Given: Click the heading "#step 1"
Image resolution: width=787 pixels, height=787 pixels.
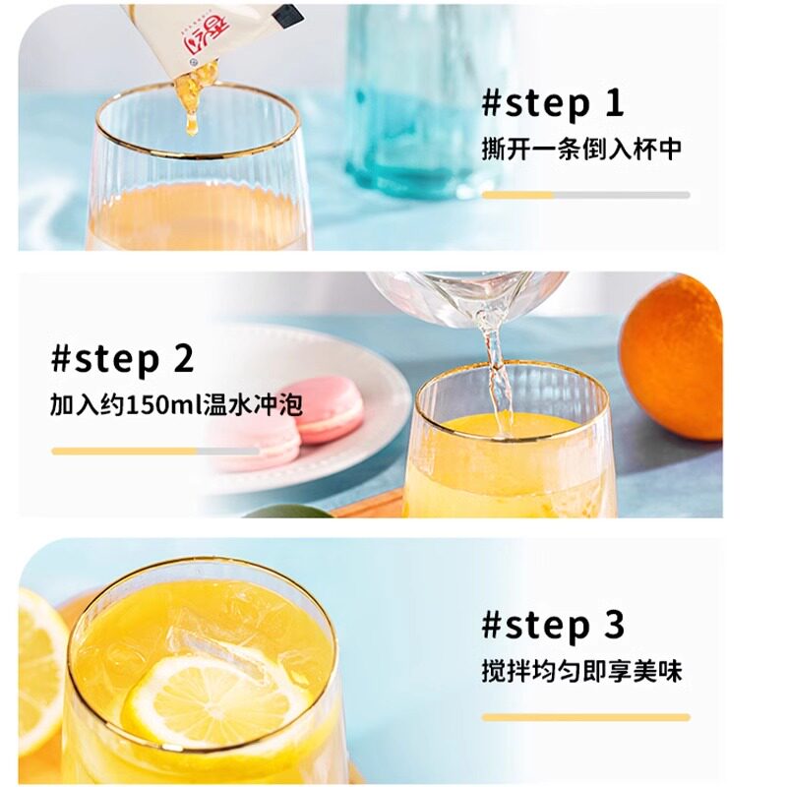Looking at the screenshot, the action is pos(553,104).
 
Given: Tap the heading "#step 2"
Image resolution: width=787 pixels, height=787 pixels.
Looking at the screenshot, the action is pos(122,359).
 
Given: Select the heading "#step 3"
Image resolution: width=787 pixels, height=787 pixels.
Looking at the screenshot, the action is pos(553,626).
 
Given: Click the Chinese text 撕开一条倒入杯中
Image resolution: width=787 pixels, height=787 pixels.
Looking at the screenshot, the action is pos(581,150).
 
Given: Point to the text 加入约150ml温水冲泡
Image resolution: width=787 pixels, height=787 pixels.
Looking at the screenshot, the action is pos(176,404).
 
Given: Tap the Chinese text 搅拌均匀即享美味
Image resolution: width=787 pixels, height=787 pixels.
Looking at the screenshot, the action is pos(581,671).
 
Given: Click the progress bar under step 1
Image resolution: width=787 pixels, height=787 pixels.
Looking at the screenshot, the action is pos(585,195).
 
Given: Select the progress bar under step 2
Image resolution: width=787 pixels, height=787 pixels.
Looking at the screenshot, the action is pos(155,452).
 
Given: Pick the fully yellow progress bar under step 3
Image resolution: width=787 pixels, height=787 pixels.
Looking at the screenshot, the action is pos(585,717).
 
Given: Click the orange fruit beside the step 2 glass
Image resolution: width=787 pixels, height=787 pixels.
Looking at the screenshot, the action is pos(673,357).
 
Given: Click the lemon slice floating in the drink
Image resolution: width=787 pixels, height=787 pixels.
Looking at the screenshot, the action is pos(215,702).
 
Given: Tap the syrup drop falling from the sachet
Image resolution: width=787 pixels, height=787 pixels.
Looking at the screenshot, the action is pos(191,124).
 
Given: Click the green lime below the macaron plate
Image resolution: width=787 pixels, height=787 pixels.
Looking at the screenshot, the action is pos(287,512).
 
